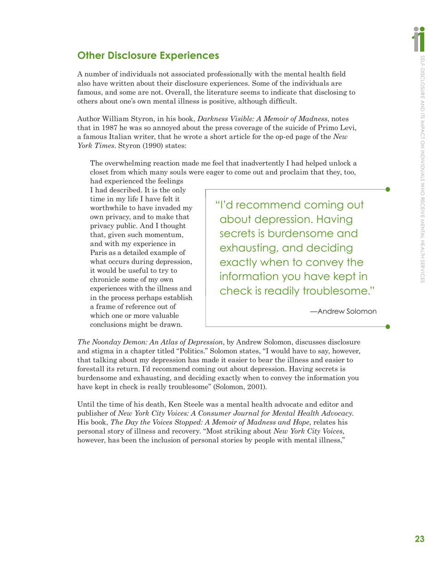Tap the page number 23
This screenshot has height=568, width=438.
[419, 538]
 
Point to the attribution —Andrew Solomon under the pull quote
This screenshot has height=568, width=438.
[343, 311]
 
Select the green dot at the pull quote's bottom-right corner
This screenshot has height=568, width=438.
[388, 326]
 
